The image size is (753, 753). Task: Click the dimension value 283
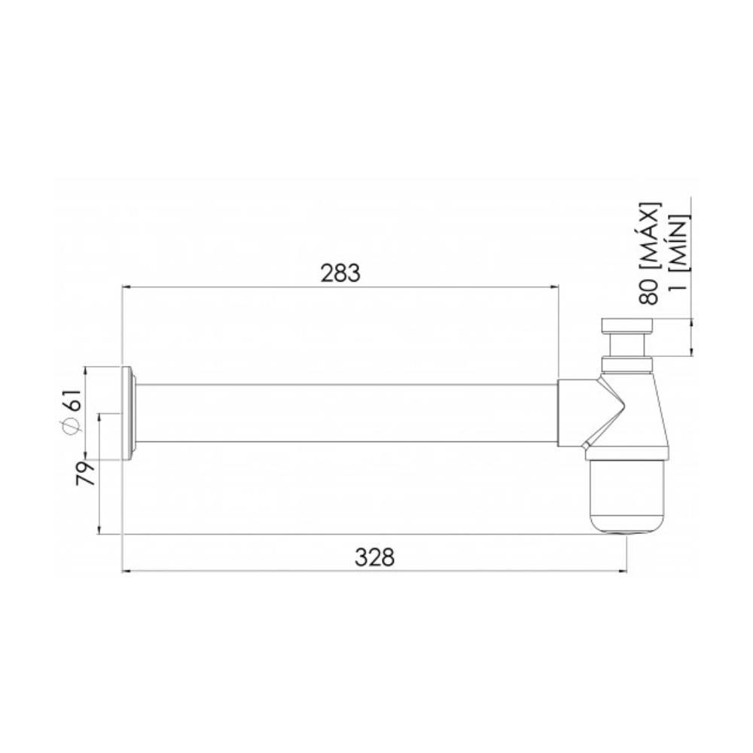click(x=340, y=273)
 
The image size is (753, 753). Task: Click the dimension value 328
click(x=374, y=557)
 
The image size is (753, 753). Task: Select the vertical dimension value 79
click(x=87, y=474)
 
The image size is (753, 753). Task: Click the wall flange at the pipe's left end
click(x=128, y=412)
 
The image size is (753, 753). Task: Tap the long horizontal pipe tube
click(x=346, y=413)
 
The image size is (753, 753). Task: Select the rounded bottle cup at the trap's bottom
click(x=626, y=497)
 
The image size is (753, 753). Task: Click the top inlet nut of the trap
click(x=626, y=326)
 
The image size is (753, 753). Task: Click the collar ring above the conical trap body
click(x=626, y=367)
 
